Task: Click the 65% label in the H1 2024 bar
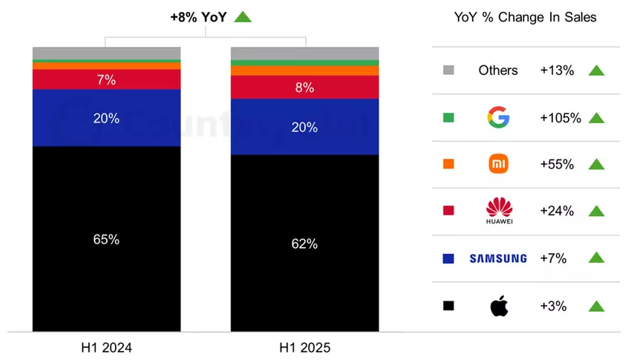pos(107,239)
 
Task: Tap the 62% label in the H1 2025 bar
pos(304,243)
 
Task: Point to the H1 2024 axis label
pos(107,347)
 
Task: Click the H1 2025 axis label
pos(304,347)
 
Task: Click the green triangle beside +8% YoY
pos(243,16)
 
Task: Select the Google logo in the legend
pos(497,117)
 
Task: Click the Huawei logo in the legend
pos(498,211)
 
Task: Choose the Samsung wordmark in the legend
pos(498,258)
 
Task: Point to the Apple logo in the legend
pos(498,306)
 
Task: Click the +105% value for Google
pos(560,117)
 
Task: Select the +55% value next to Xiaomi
pos(557,164)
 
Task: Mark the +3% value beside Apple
pos(554,306)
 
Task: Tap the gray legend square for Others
pos(448,71)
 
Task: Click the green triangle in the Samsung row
pos(596,258)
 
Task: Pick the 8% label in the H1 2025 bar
pos(304,87)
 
